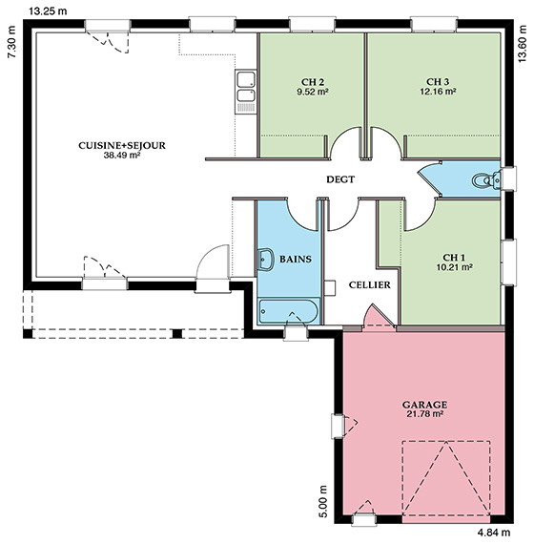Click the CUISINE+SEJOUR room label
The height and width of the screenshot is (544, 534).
pyautogui.click(x=122, y=145)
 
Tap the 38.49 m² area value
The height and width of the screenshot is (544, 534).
pyautogui.click(x=122, y=155)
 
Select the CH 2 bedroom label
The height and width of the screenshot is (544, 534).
pyautogui.click(x=313, y=82)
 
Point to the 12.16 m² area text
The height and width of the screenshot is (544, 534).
pyautogui.click(x=438, y=92)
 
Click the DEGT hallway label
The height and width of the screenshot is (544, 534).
pyautogui.click(x=340, y=179)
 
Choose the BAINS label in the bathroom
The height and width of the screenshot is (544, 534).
pyautogui.click(x=296, y=260)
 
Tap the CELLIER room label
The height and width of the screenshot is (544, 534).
pyautogui.click(x=370, y=284)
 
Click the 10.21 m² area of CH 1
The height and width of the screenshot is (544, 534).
pyautogui.click(x=455, y=267)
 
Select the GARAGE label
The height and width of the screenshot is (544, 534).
pyautogui.click(x=424, y=405)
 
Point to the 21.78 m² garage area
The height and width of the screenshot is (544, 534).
pyautogui.click(x=424, y=413)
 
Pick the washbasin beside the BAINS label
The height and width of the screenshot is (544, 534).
pyautogui.click(x=266, y=260)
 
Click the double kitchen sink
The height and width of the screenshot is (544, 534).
pyautogui.click(x=245, y=92)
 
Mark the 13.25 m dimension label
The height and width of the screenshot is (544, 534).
pyautogui.click(x=48, y=11)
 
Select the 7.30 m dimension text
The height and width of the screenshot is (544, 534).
pyautogui.click(x=11, y=42)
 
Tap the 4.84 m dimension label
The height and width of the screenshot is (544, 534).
pyautogui.click(x=494, y=532)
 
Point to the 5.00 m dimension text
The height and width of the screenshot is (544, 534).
pyautogui.click(x=323, y=501)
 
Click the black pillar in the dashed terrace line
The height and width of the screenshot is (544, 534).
pyautogui.click(x=177, y=333)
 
